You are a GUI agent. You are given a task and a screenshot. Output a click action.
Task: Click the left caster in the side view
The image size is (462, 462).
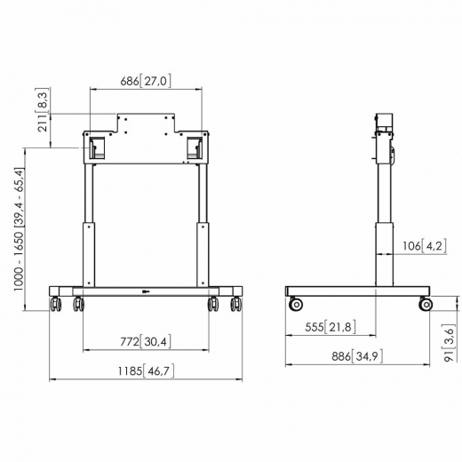(295, 305)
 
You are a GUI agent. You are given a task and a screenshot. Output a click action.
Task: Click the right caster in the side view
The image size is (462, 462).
(426, 305)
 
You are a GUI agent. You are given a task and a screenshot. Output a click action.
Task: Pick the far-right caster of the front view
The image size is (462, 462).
(236, 305)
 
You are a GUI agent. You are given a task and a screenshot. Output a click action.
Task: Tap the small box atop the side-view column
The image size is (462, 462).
(384, 121)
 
